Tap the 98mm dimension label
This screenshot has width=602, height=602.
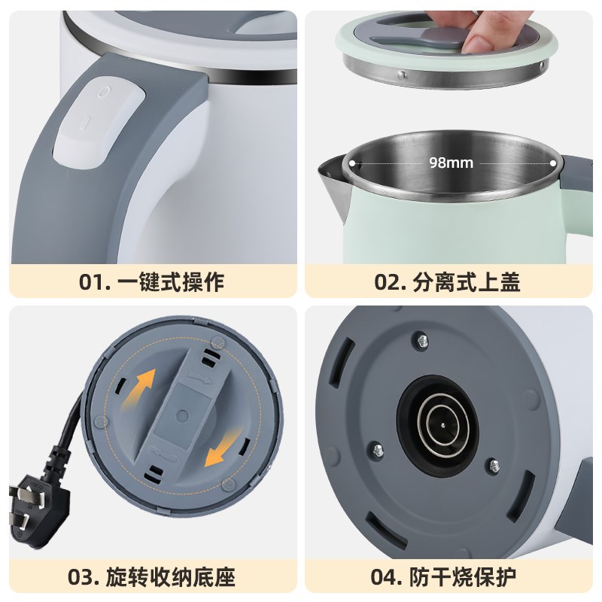click(450, 162)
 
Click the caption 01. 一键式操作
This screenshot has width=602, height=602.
click(151, 282)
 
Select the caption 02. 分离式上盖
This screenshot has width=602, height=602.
click(448, 282)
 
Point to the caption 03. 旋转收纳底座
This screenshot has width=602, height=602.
click(151, 578)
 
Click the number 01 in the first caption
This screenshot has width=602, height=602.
click(91, 282)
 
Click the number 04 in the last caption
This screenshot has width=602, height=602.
click(385, 578)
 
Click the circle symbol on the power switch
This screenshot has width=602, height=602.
click(103, 92)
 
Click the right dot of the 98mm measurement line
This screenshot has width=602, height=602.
click(554, 162)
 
